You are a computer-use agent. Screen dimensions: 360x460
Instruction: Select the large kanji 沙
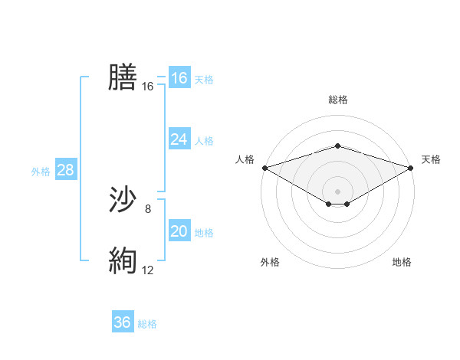[x=123, y=200]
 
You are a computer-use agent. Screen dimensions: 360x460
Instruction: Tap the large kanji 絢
[x=123, y=260]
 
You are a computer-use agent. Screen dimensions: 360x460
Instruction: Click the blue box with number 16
[x=179, y=78]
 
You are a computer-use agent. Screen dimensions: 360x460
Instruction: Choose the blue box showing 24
[x=179, y=139]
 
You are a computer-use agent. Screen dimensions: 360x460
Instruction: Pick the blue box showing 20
[x=179, y=231]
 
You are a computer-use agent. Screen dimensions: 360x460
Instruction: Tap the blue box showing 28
[x=65, y=170]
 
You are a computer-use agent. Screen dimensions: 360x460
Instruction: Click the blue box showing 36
[x=122, y=322]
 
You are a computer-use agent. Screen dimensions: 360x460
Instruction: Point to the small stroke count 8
[x=148, y=208]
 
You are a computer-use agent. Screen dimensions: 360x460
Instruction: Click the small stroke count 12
[x=148, y=270]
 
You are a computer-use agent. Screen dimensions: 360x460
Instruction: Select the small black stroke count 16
[x=148, y=87]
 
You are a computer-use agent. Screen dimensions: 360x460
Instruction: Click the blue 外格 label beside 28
[x=41, y=172]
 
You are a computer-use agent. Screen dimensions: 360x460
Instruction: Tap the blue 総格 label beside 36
[x=147, y=324]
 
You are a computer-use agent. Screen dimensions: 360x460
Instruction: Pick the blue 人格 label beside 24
[x=204, y=141]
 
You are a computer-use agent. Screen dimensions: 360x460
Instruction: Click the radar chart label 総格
[x=337, y=100]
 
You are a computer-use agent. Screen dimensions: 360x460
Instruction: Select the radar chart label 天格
[x=432, y=159]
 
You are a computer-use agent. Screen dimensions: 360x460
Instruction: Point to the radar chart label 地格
[x=402, y=262]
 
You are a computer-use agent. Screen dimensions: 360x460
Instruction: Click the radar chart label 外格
[x=270, y=262]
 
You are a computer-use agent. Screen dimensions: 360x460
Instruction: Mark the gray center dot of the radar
[x=337, y=191]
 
